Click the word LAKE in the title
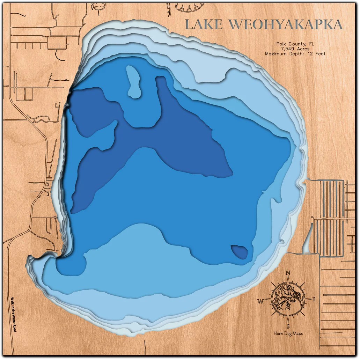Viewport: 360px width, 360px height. coord(203,24)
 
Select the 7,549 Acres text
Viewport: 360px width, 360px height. coord(295,49)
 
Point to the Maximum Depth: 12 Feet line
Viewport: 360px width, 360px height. coord(295,54)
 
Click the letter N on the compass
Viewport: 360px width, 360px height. coord(288,273)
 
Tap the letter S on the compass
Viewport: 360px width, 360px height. coord(288,327)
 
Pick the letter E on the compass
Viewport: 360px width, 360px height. coord(314,300)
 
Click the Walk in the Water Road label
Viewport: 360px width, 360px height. coord(13,314)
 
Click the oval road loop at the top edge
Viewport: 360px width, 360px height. coord(189,6)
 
